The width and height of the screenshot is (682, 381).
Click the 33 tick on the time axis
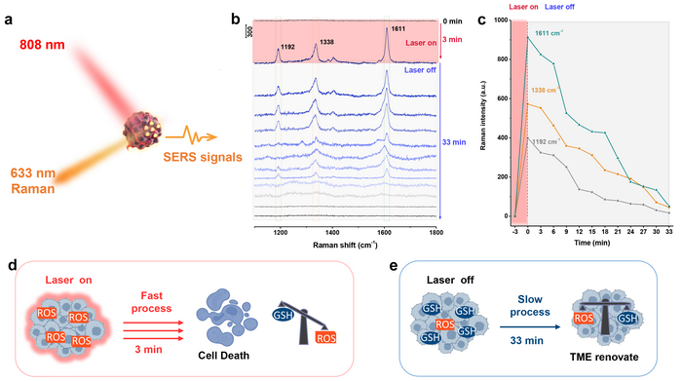click(669, 234)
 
